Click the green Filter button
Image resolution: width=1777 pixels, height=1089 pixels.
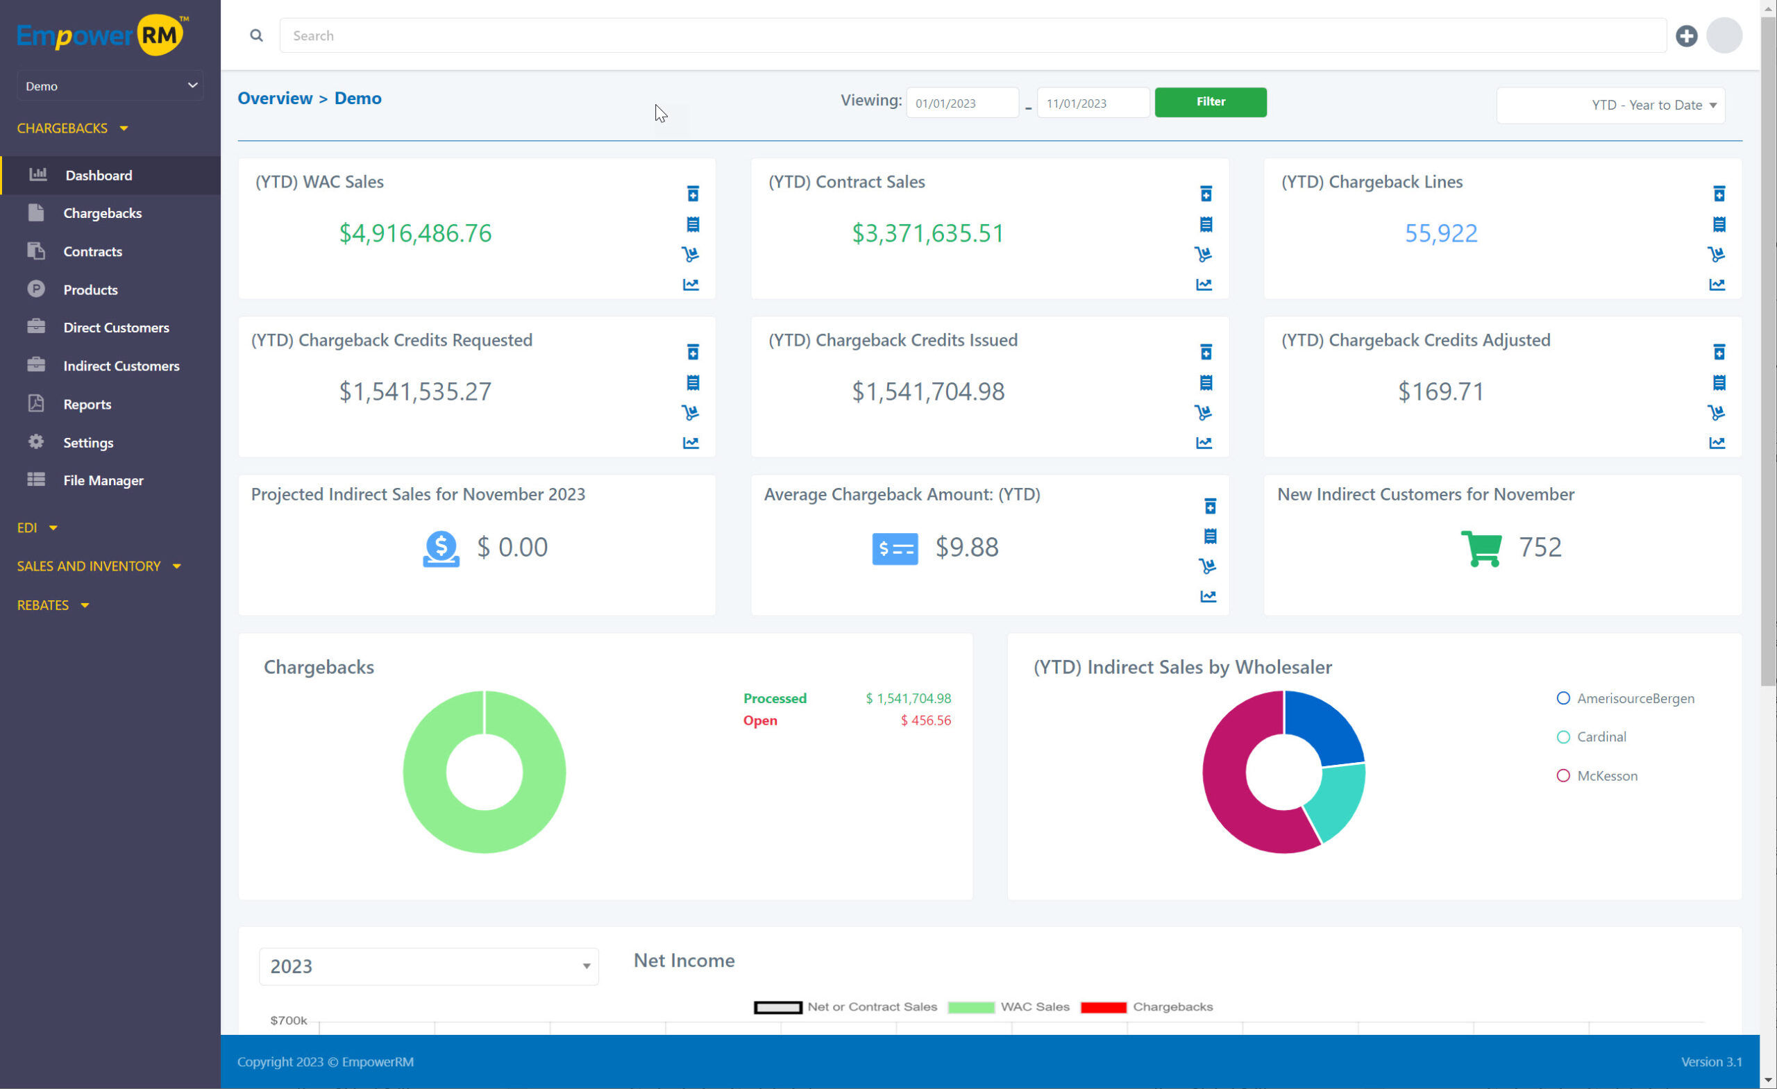[1210, 102]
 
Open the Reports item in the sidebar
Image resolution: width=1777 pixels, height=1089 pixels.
[87, 404]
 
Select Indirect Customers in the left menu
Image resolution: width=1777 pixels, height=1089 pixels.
[121, 366]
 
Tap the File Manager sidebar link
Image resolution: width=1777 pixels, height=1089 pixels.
[103, 480]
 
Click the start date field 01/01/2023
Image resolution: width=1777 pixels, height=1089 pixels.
[962, 103]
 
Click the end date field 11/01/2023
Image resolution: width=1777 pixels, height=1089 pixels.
[1093, 103]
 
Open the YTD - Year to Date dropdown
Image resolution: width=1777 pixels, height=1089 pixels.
[1610, 105]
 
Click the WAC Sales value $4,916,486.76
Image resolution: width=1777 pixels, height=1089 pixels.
[415, 233]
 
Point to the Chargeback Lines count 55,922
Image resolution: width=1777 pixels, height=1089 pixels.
[1440, 233]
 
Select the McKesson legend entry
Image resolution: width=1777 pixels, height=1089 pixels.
[1606, 776]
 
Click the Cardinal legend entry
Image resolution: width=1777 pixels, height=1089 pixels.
[1600, 737]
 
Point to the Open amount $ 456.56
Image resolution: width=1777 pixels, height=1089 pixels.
[925, 720]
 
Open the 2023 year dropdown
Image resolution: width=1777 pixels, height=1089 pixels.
[428, 966]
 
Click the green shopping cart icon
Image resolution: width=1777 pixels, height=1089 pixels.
[1481, 548]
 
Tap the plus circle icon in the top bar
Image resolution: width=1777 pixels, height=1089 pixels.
[1686, 36]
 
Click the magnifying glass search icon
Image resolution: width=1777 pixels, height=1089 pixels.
[256, 36]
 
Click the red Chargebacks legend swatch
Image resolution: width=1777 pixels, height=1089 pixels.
[1103, 1008]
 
